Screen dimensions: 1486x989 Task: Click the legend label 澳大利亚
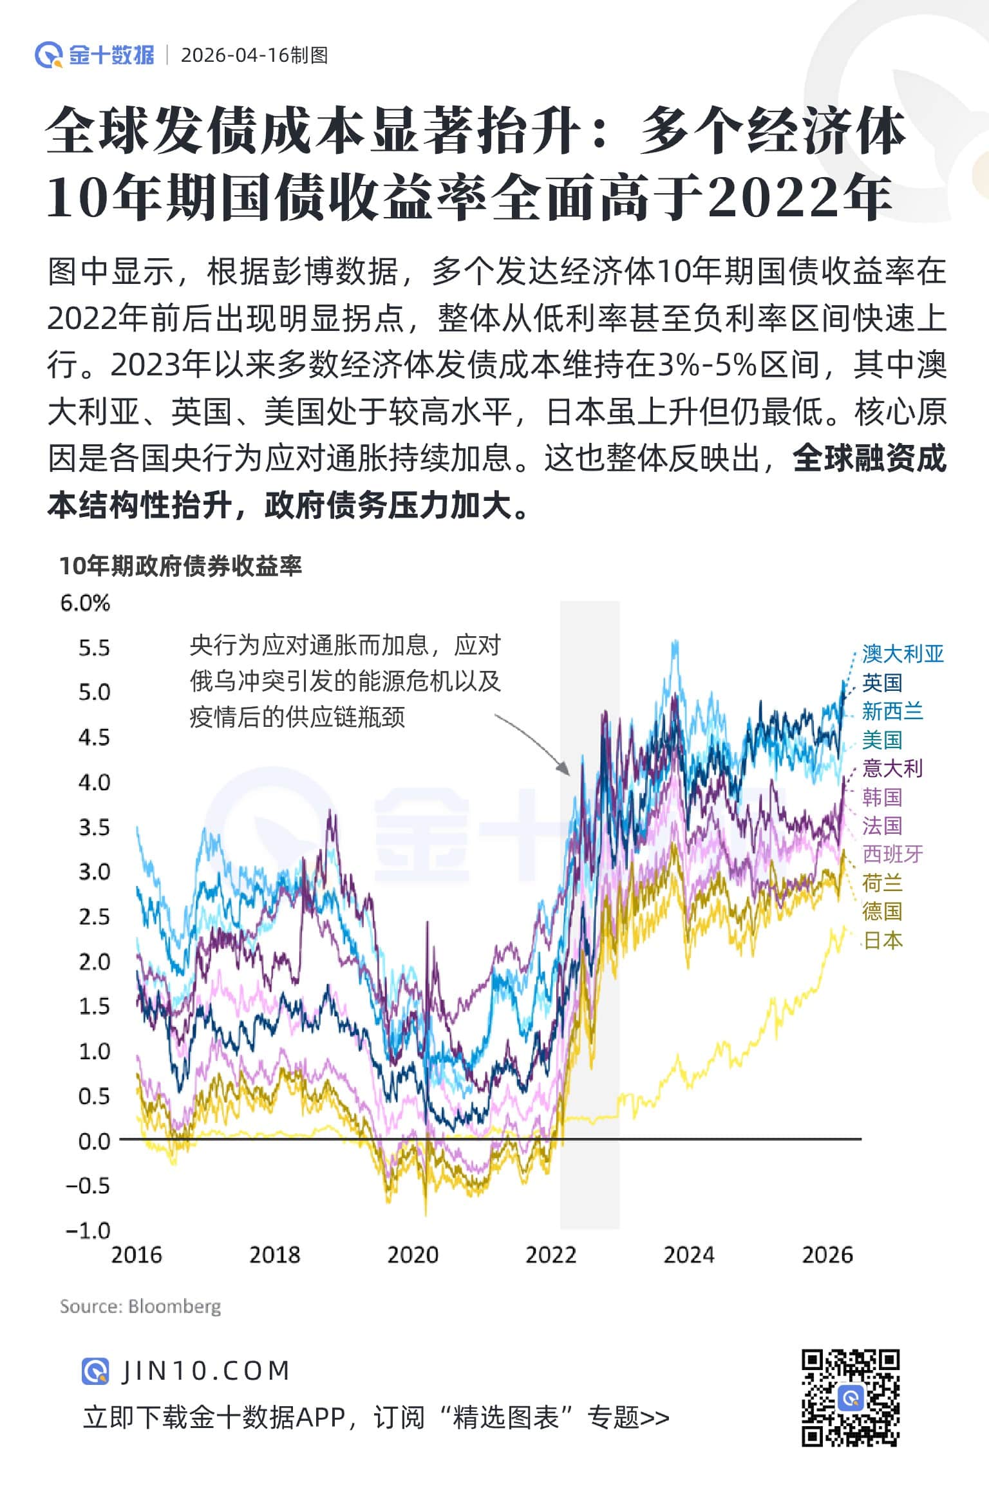coord(903,654)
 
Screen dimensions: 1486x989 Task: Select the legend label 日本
coord(882,940)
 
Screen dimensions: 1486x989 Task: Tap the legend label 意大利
coord(892,768)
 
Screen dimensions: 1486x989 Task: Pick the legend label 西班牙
coord(892,854)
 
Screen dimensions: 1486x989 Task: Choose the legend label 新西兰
coord(892,711)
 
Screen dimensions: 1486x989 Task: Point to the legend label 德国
coord(882,911)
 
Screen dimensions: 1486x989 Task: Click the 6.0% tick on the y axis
coord(85,603)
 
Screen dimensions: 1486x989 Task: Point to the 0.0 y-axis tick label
coord(94,1142)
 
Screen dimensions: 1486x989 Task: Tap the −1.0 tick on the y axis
coord(88,1231)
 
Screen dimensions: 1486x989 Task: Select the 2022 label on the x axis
coord(551,1255)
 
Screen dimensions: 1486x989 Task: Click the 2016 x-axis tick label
coord(137,1255)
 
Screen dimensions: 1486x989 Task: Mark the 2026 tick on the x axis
coord(827,1255)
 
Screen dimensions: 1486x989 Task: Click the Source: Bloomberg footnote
coord(140,1306)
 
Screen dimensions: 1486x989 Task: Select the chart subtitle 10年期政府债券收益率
coord(181,566)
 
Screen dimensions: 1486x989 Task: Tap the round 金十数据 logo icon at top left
coord(48,55)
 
